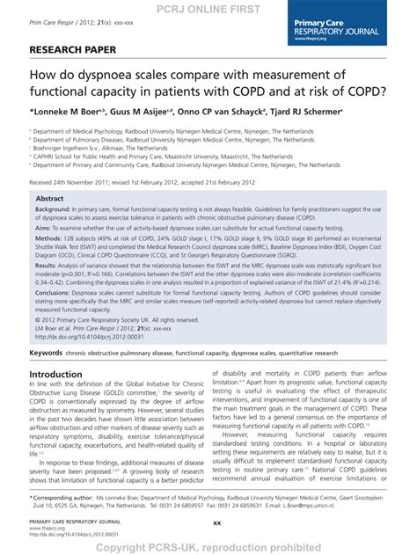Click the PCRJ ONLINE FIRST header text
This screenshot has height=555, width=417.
[x=208, y=8]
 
